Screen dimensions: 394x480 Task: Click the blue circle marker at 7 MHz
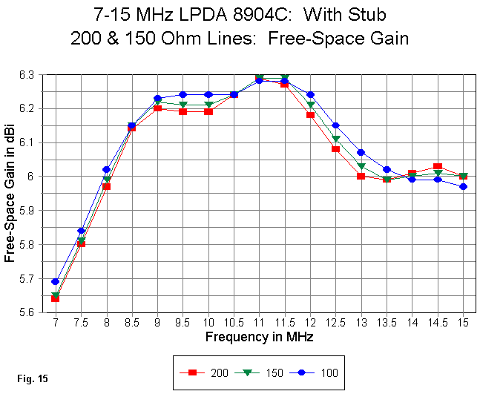[56, 281]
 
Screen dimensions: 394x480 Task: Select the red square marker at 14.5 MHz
[438, 166]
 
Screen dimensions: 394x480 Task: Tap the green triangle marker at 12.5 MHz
[336, 139]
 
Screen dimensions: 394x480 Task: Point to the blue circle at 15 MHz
[464, 186]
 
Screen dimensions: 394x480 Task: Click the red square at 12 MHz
[310, 115]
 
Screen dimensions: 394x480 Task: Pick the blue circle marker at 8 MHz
[106, 170]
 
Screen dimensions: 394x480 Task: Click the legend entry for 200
[204, 372]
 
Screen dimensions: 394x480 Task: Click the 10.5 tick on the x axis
[234, 324]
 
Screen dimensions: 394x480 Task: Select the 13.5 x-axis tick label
[387, 324]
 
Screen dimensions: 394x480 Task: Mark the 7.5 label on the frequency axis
[81, 324]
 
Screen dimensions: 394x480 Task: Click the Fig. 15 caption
[33, 378]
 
